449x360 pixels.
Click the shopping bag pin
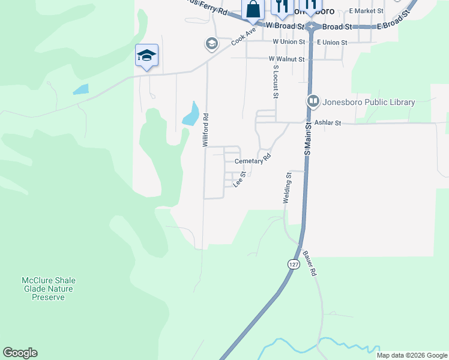coord(253,9)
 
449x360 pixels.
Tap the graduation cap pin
coord(146,56)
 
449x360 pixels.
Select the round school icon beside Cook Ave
coord(211,44)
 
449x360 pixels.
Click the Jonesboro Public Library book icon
coord(312,101)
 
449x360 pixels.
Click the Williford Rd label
coord(205,130)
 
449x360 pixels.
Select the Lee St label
coord(240,179)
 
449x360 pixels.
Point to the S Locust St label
coord(276,82)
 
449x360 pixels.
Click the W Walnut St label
coord(287,59)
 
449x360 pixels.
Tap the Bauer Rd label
coord(313,263)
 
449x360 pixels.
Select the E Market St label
coord(366,11)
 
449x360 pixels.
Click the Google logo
coord(20,353)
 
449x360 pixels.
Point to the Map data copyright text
coord(412,355)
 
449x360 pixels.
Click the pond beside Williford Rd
coord(191,114)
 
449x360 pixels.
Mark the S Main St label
coord(307,139)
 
